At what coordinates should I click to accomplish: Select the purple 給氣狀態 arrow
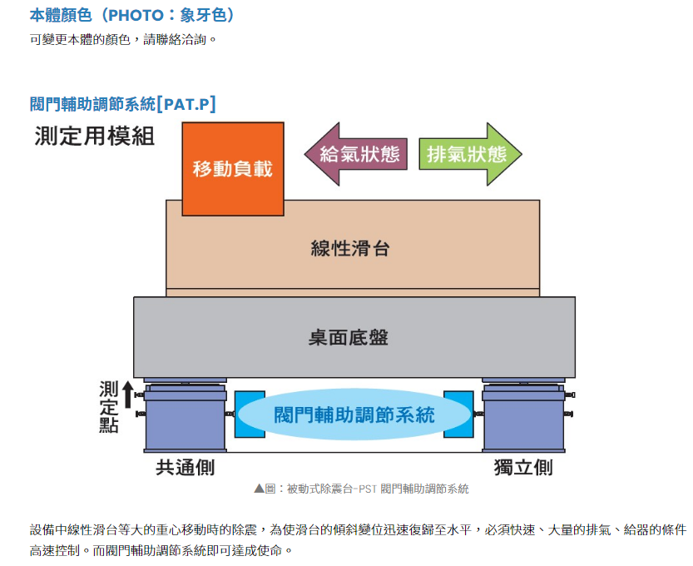(x=356, y=154)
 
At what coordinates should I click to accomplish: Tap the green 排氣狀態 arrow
(x=468, y=154)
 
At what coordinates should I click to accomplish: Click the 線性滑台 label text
(x=350, y=248)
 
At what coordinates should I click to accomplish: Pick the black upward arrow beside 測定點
(x=127, y=394)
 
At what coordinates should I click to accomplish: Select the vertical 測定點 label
(x=108, y=407)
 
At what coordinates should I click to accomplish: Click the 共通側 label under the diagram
(x=185, y=467)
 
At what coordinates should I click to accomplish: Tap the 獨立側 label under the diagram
(x=522, y=467)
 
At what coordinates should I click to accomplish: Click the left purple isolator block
(x=185, y=420)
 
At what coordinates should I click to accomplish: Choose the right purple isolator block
(x=523, y=420)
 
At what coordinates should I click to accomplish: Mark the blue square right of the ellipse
(x=459, y=414)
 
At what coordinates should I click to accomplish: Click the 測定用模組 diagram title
(x=95, y=136)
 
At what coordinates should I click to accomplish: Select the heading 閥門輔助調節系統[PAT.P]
(x=122, y=104)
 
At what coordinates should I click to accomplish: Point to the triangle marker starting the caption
(x=259, y=489)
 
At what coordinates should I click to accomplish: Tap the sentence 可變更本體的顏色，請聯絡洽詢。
(x=123, y=39)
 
